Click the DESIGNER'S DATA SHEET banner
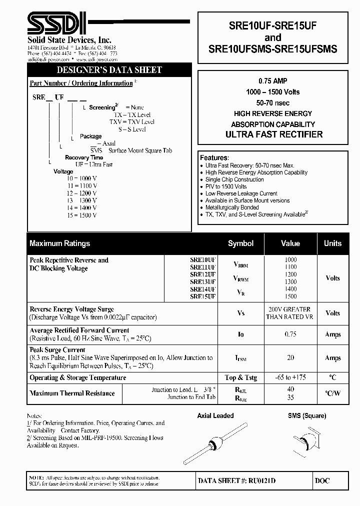[108, 70]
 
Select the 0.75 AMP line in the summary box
[273, 81]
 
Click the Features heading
[214, 157]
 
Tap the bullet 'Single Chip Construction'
[234, 179]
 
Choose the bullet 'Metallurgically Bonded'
[232, 207]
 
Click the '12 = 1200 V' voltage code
[82, 192]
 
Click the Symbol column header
[240, 243]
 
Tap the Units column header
[332, 243]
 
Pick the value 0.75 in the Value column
[290, 334]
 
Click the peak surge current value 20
[290, 358]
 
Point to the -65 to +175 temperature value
[290, 378]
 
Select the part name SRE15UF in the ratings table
[202, 296]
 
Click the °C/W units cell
[332, 393]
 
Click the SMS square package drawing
[307, 440]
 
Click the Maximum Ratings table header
[60, 243]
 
